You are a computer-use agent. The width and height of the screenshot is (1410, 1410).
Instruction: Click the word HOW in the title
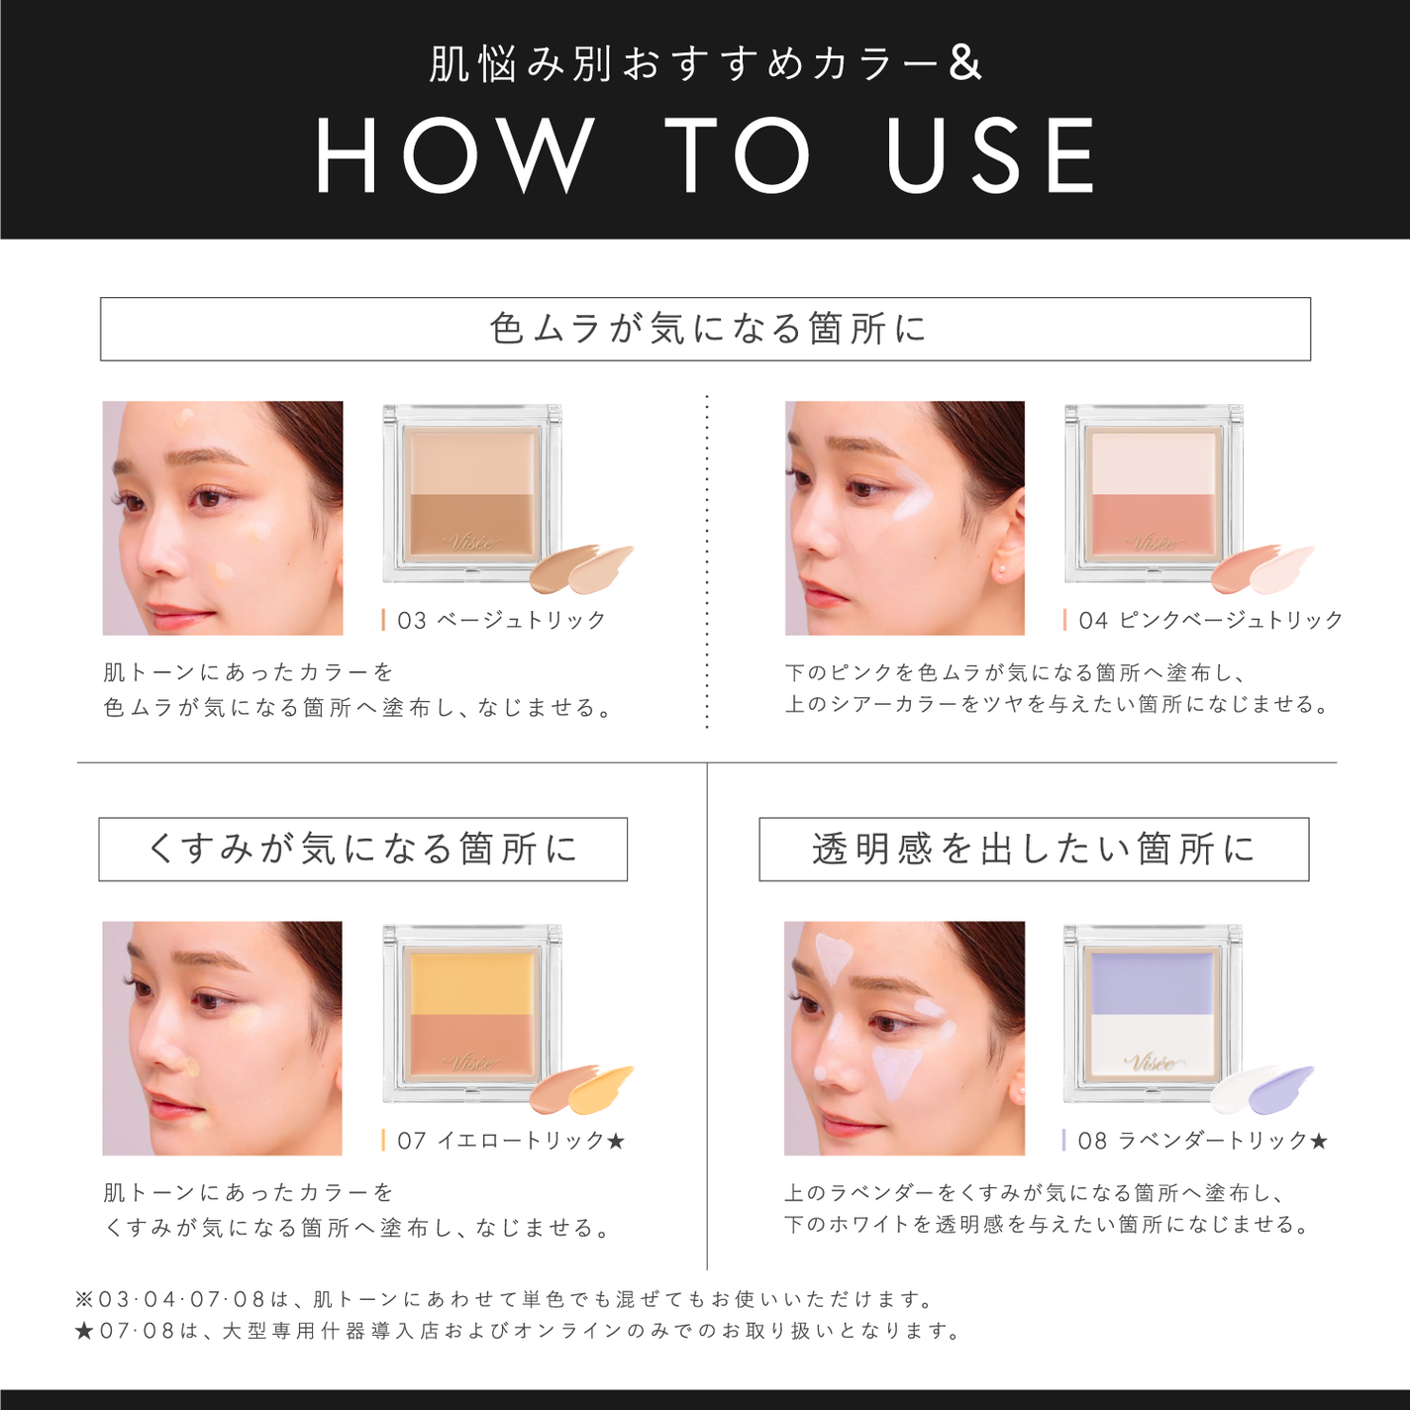(455, 155)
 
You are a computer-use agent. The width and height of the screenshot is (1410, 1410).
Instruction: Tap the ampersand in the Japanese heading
(964, 63)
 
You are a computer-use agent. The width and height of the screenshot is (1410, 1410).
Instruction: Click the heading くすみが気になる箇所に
(362, 849)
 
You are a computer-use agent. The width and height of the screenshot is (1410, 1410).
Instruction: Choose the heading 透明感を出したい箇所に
(1034, 849)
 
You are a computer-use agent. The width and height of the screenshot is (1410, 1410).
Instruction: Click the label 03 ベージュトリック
(501, 620)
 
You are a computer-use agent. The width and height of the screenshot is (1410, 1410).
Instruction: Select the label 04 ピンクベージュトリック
(1210, 620)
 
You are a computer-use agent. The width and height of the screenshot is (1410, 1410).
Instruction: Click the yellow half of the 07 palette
(472, 982)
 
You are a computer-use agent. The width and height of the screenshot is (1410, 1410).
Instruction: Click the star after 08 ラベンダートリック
(1319, 1141)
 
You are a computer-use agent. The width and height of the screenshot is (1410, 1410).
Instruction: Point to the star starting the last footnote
(84, 1331)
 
